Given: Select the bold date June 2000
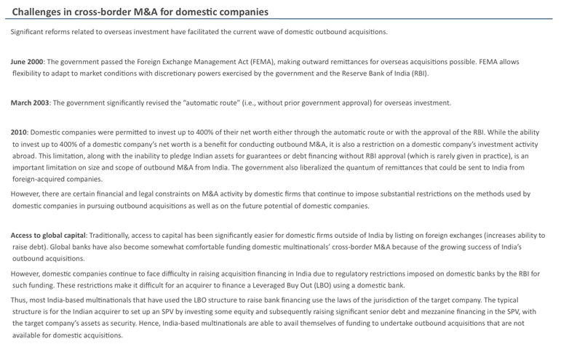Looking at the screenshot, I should click(27, 62).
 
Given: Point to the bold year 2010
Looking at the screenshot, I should click(19, 132).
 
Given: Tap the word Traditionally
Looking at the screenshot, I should click(113, 236).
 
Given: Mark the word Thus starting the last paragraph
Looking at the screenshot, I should click(20, 300).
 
